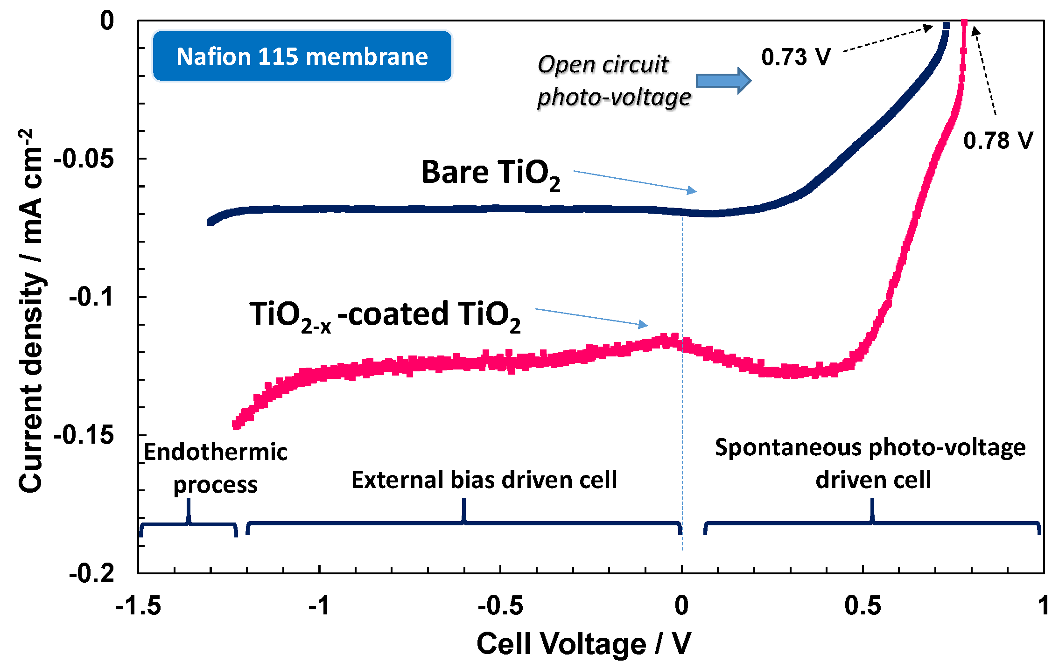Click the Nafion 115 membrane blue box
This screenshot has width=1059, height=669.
coord(302,56)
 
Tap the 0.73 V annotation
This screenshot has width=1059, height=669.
coord(796,57)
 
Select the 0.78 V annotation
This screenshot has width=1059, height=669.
coord(998,140)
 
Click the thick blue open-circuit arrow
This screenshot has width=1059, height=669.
coord(723,81)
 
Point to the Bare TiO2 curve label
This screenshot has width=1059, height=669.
coord(490,174)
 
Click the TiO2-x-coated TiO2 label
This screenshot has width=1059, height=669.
coord(385,316)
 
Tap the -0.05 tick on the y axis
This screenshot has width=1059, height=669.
coord(84,159)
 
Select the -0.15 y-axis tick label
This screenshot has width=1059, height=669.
coord(84,435)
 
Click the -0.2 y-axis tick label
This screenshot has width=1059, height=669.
coord(91,572)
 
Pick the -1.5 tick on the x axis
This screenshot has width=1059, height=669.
coord(138,606)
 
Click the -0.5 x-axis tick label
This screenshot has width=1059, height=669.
coord(500,606)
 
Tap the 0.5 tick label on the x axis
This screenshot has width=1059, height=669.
coord(863,606)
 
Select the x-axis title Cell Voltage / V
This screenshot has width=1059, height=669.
coord(583,644)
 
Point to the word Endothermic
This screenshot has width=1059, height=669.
coord(215,452)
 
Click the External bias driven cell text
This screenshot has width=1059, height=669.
coord(484,480)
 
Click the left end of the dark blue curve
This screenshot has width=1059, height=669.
coord(210,222)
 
